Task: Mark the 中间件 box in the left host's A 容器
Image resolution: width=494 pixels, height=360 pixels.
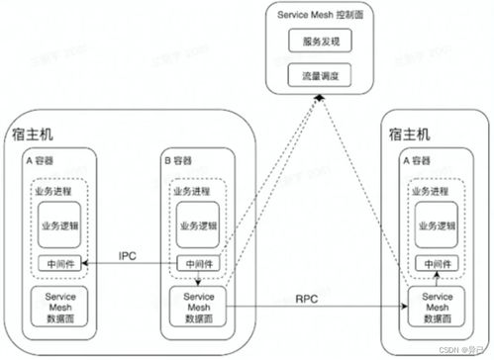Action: (x=58, y=264)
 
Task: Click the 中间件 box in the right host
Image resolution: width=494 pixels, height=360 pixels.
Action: (x=434, y=264)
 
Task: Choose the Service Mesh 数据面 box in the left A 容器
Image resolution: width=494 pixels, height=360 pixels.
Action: (x=58, y=307)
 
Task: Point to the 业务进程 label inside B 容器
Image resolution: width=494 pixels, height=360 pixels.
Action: (x=192, y=191)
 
